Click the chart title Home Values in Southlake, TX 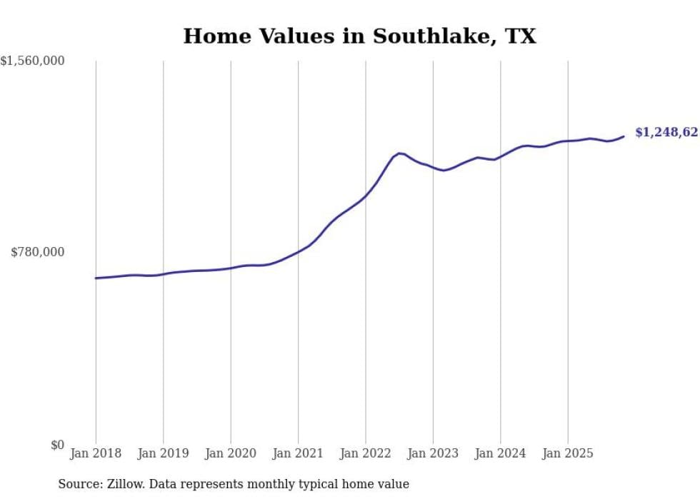[x=359, y=36]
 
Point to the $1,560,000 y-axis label [x=33, y=61]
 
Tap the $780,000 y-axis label [x=37, y=252]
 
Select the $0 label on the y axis [x=57, y=445]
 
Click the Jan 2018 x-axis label [x=96, y=453]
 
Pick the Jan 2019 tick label [x=163, y=453]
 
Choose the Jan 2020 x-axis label [x=231, y=453]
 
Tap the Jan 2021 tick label [x=298, y=453]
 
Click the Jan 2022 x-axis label [x=365, y=453]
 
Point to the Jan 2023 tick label [x=433, y=453]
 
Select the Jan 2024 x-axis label [x=500, y=453]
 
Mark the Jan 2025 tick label [x=568, y=453]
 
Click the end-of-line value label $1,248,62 [x=666, y=132]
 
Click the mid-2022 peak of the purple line [x=400, y=153]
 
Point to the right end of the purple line [x=624, y=136]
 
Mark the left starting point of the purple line [x=96, y=278]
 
